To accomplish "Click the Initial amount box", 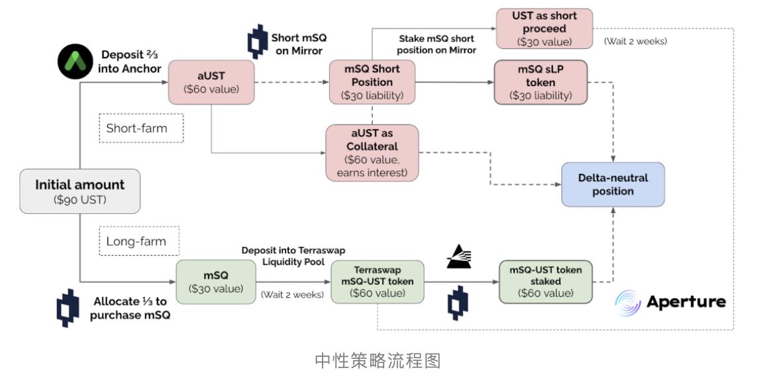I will (79, 191).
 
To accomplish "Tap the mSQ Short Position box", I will (373, 82).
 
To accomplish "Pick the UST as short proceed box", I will (544, 28).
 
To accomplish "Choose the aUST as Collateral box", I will (372, 153).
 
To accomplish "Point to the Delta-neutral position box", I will (612, 184).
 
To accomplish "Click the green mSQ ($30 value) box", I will (216, 281).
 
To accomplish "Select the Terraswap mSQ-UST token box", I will (377, 281).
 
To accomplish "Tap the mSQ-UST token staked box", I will (545, 281).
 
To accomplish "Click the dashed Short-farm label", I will (140, 128).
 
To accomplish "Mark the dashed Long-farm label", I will (138, 242).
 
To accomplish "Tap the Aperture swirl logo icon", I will (627, 302).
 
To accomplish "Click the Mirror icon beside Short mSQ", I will (257, 42).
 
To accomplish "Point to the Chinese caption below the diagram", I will (377, 361).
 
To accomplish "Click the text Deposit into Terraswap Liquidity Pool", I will (293, 256).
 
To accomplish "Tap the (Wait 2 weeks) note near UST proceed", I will (635, 41).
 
